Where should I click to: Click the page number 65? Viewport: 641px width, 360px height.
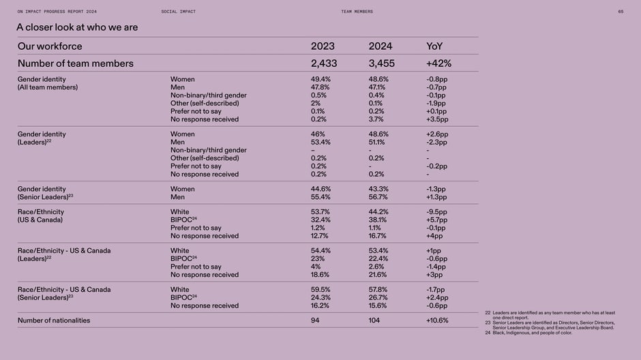(x=621, y=12)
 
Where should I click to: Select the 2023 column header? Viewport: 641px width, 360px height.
(x=323, y=46)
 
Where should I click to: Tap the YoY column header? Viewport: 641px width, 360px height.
(x=434, y=46)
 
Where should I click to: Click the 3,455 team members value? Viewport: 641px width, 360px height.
(x=381, y=63)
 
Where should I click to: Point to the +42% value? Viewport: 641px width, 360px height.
(x=438, y=63)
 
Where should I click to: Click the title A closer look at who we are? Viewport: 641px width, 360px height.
(x=77, y=27)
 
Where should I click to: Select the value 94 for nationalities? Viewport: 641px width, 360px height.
(x=315, y=320)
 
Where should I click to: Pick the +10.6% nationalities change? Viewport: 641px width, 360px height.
(x=437, y=320)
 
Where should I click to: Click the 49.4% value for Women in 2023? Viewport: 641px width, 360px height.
(x=320, y=79)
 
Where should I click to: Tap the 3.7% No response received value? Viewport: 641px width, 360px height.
(x=376, y=119)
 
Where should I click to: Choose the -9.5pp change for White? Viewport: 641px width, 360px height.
(x=436, y=211)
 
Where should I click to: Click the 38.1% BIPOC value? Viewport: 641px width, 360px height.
(x=378, y=220)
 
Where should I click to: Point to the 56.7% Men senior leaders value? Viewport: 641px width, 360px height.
(x=378, y=197)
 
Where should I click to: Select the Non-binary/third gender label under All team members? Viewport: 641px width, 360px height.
(x=209, y=95)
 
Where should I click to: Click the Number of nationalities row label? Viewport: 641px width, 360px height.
(x=54, y=320)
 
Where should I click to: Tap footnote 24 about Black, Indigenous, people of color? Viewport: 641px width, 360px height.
(x=528, y=333)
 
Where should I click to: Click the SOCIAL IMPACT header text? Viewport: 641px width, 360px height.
(x=178, y=12)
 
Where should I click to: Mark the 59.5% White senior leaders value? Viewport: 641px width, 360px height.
(x=320, y=289)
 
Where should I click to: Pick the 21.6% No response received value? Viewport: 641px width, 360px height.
(x=378, y=275)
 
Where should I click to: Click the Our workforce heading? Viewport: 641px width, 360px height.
(x=50, y=46)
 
